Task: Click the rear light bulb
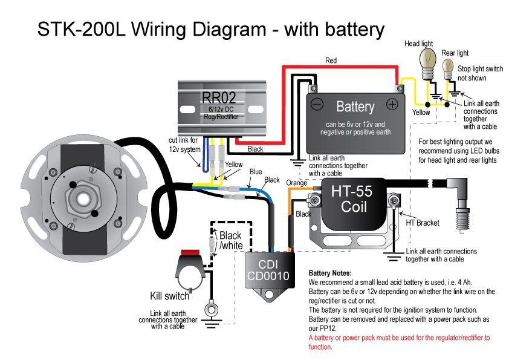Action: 449,66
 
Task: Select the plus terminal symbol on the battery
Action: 392,105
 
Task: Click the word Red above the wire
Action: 331,61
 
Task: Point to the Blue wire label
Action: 256,172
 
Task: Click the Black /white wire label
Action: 230,240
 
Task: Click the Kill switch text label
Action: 170,296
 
